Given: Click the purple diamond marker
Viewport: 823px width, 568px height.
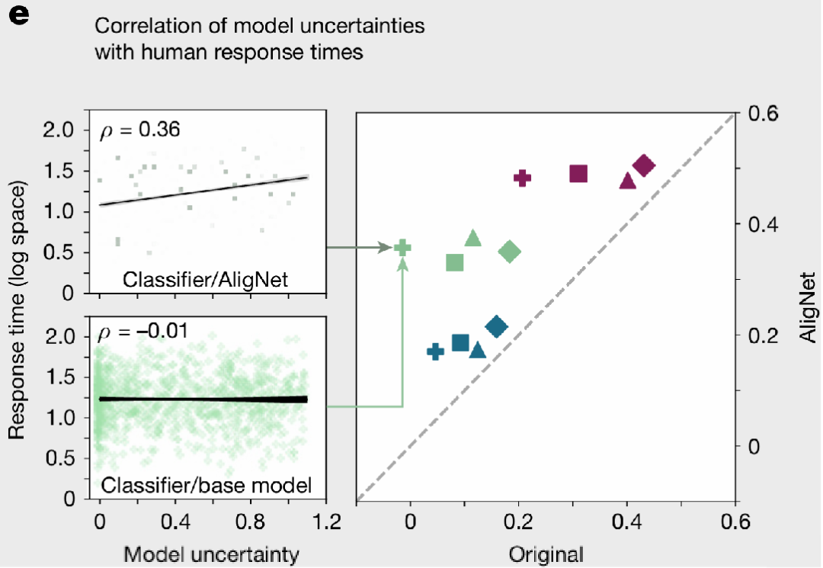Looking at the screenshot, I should point(643,165).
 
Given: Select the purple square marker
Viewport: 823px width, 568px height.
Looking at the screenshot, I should point(578,174).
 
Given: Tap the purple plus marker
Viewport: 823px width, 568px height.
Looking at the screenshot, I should point(522,178).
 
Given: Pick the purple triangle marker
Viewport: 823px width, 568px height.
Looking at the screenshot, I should point(627,181).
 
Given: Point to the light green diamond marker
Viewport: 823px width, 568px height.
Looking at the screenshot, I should point(510,252).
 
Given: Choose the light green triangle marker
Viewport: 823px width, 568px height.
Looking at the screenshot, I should point(472,238).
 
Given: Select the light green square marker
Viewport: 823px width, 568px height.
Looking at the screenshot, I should point(455,262).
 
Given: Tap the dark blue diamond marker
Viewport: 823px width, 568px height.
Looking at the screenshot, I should point(496,327).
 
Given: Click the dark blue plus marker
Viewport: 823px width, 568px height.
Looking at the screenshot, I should point(435,351).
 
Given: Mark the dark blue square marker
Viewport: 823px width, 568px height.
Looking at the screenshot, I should point(460,343).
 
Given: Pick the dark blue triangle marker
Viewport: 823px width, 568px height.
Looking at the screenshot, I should point(478,350).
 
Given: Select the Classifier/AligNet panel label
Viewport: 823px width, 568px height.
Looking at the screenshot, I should point(206,279).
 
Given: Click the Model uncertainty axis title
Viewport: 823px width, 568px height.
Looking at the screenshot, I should point(211,554).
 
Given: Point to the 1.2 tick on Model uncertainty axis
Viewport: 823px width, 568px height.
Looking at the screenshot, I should point(326,525).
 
